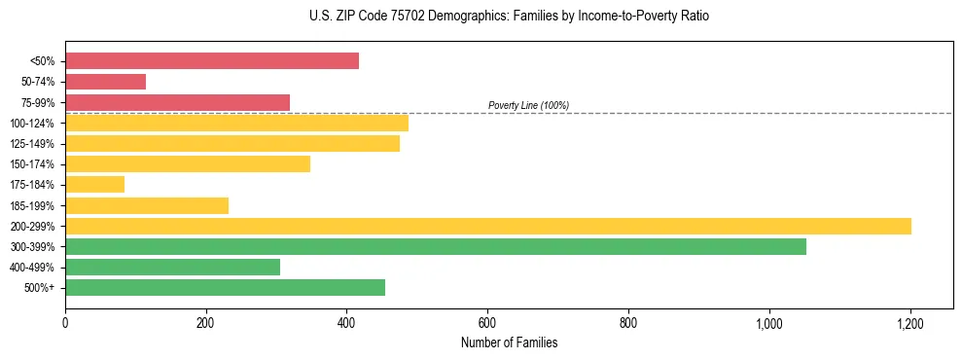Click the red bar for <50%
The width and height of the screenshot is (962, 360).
coord(212,61)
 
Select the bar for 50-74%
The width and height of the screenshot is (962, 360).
coord(105,82)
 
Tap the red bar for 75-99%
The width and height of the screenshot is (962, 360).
coord(177,102)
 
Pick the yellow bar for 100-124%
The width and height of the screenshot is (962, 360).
coord(236,123)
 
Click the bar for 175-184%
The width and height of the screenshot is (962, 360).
coord(94,184)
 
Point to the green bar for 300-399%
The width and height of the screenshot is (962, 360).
coord(436,246)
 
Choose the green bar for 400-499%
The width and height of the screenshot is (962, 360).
coord(172,267)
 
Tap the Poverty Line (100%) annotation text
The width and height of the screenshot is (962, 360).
coord(528,105)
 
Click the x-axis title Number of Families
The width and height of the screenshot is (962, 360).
coord(509,343)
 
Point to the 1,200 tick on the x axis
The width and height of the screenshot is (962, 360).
coord(909,323)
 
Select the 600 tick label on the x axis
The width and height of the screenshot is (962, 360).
coord(487,323)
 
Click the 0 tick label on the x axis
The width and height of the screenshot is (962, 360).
coord(65,323)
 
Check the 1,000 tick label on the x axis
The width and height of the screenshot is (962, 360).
coord(768,323)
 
